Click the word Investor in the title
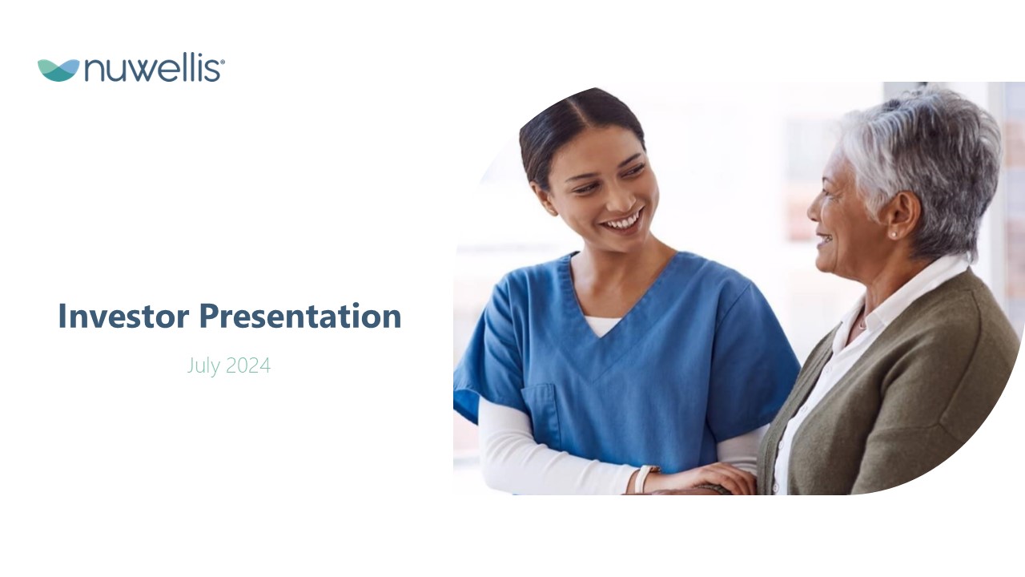click(123, 316)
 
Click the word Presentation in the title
click(300, 316)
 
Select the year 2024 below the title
click(248, 365)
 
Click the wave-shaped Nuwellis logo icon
click(58, 71)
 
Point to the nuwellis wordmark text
click(152, 70)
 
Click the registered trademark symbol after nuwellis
click(223, 62)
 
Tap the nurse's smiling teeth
click(622, 223)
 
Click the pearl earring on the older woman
click(893, 235)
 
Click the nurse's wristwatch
click(645, 479)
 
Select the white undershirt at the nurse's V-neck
click(603, 325)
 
